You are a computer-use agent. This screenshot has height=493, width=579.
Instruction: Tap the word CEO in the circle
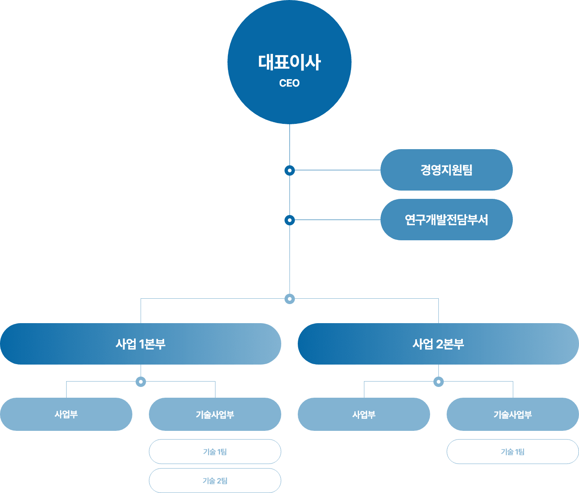(289, 83)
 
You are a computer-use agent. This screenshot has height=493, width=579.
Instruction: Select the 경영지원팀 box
(447, 170)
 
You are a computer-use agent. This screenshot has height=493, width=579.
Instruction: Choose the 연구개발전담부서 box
(447, 220)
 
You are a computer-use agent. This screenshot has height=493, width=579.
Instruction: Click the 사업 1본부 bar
(141, 344)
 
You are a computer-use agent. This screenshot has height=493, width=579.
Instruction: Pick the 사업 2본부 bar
(438, 344)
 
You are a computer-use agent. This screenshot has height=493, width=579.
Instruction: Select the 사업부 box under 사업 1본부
(66, 414)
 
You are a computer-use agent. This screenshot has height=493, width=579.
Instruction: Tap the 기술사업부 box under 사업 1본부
(215, 414)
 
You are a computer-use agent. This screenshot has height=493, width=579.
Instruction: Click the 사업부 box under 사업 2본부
(364, 414)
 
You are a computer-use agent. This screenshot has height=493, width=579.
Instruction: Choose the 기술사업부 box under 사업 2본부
(513, 414)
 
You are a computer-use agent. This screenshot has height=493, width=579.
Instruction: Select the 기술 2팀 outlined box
(215, 481)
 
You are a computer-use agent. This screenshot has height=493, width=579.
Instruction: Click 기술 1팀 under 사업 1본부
(215, 452)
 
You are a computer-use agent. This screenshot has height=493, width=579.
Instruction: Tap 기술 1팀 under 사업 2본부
(513, 452)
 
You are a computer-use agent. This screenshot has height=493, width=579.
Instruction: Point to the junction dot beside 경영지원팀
(289, 170)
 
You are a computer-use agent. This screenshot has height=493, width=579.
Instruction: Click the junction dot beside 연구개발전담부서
(289, 220)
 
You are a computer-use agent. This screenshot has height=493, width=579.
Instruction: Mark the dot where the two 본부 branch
(289, 299)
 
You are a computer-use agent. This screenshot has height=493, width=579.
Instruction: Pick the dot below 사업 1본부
(141, 382)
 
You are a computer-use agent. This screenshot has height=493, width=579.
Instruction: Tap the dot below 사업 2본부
(438, 382)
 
